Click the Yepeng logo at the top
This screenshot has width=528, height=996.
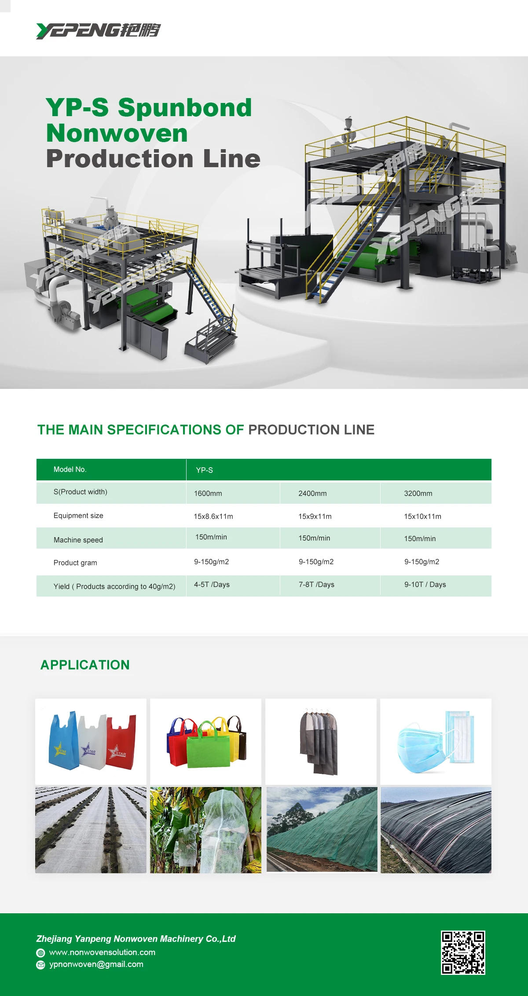point(98,30)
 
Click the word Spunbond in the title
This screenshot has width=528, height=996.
point(185,107)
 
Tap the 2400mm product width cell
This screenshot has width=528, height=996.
point(312,494)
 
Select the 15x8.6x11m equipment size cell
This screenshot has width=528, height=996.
point(213,516)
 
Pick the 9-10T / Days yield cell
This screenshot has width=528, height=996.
point(425,585)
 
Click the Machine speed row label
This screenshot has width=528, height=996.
point(78,540)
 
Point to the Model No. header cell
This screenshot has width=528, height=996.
point(70,469)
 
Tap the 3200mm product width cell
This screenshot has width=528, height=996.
point(418,494)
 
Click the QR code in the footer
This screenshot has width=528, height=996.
point(463,952)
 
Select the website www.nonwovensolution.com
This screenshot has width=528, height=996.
point(102,952)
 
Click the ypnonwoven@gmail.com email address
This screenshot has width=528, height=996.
point(96,964)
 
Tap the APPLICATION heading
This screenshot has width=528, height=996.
point(85,665)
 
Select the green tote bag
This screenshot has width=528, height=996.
point(208,748)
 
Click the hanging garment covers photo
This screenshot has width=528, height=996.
point(321,741)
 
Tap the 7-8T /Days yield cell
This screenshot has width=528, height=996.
point(316,585)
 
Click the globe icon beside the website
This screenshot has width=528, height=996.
point(40,953)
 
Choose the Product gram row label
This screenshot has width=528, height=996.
point(75,563)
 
